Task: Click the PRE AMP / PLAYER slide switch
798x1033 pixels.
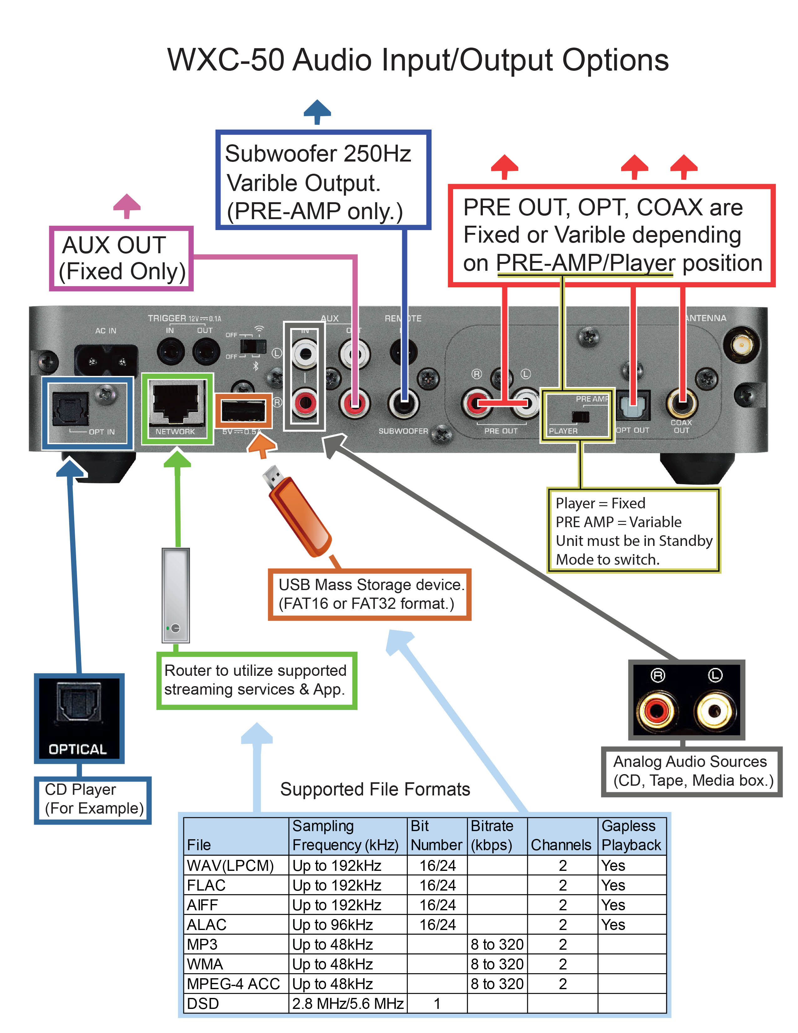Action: click(581, 417)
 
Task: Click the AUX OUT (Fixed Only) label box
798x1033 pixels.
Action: click(121, 258)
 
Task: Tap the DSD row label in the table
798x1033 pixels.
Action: click(203, 1003)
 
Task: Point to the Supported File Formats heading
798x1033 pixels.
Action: click(375, 789)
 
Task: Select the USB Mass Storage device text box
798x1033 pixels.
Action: click(369, 594)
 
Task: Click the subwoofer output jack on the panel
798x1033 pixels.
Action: click(403, 403)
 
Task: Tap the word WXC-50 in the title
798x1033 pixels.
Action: click(226, 60)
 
